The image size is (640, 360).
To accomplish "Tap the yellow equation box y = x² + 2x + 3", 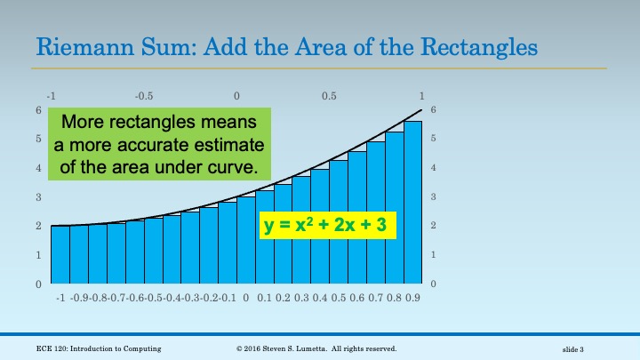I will click(x=328, y=225).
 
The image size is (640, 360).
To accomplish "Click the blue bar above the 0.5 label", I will click(x=339, y=222).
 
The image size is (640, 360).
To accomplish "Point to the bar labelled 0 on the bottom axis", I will click(x=246, y=240).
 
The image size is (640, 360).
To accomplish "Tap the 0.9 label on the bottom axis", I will click(x=412, y=299).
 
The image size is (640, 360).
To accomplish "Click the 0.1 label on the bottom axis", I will click(x=264, y=299).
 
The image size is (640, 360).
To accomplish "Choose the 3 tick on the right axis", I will click(x=433, y=196).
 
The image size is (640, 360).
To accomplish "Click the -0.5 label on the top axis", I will click(x=143, y=95).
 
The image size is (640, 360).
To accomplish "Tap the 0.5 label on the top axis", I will click(x=329, y=95).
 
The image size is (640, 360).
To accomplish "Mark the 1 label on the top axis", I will click(x=421, y=95).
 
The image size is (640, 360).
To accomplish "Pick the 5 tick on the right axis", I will click(x=433, y=139).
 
